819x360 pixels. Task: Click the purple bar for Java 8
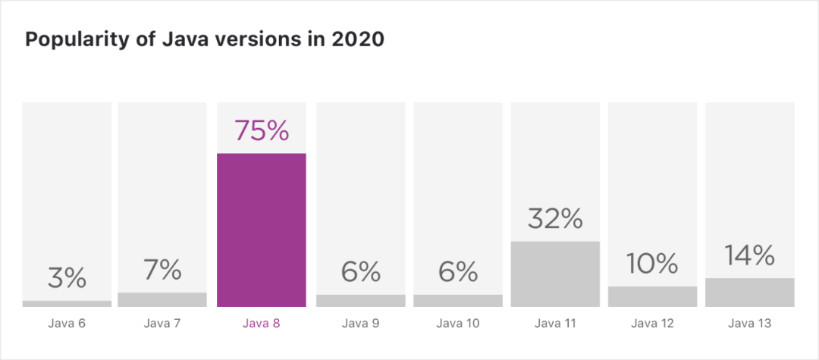tap(262, 230)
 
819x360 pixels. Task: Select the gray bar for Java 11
tap(555, 274)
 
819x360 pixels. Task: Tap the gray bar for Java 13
tap(750, 293)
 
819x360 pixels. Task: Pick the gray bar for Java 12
tap(652, 296)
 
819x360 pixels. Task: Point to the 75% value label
tap(262, 130)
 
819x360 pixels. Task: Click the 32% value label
tap(555, 218)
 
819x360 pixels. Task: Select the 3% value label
tap(67, 277)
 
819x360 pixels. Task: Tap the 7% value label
tap(162, 269)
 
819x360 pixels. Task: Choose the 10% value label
tap(652, 263)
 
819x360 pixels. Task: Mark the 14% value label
tap(750, 255)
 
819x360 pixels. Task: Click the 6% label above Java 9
tap(360, 271)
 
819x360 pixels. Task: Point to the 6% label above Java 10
tap(457, 271)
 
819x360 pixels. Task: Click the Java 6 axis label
tap(67, 324)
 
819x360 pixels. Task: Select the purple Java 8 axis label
tap(262, 324)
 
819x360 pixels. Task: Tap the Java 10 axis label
tap(457, 324)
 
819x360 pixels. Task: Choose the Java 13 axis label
tap(750, 324)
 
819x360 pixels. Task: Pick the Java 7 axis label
tap(162, 324)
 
